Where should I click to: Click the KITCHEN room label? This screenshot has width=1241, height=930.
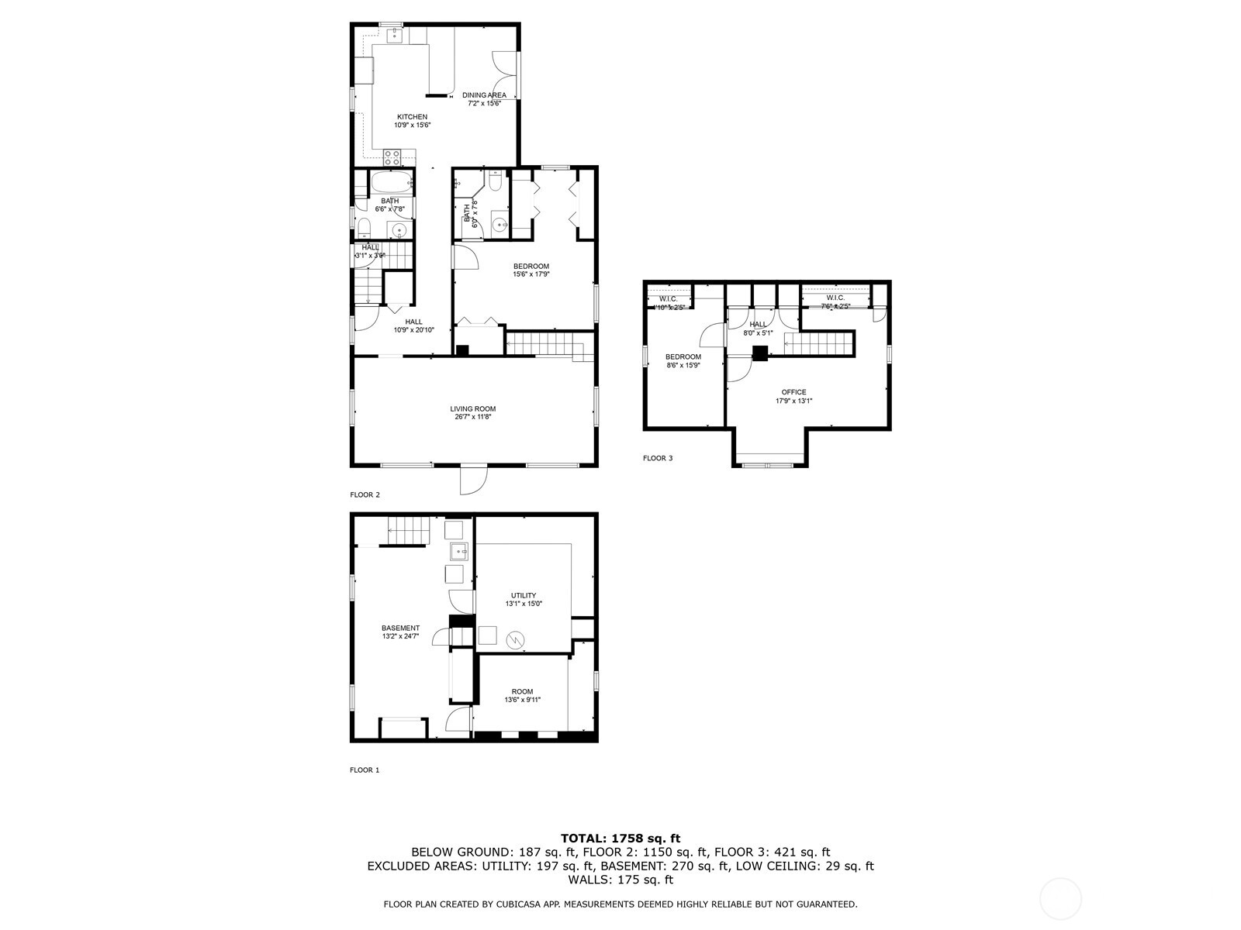pyautogui.click(x=412, y=117)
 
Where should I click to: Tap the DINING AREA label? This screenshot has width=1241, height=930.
pyautogui.click(x=484, y=95)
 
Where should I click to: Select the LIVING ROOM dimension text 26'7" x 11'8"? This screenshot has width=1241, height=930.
pyautogui.click(x=472, y=417)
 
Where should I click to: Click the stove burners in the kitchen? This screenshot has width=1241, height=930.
pyautogui.click(x=392, y=157)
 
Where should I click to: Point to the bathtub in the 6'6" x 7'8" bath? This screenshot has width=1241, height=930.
pyautogui.click(x=391, y=184)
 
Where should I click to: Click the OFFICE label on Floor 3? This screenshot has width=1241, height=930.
pyautogui.click(x=793, y=392)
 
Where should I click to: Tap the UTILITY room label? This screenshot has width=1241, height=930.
pyautogui.click(x=524, y=595)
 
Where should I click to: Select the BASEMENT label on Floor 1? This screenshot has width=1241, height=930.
pyautogui.click(x=400, y=628)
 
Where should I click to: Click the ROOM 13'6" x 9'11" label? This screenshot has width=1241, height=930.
pyautogui.click(x=522, y=691)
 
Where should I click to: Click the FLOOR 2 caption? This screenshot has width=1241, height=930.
pyautogui.click(x=365, y=494)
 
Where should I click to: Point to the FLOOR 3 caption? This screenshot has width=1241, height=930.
pyautogui.click(x=658, y=458)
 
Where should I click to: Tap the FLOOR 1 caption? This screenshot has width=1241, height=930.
pyautogui.click(x=365, y=770)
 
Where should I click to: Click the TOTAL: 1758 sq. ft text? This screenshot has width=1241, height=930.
pyautogui.click(x=620, y=838)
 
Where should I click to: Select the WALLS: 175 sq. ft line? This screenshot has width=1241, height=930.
pyautogui.click(x=620, y=880)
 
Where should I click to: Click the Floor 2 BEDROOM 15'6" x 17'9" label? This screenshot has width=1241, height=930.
pyautogui.click(x=531, y=267)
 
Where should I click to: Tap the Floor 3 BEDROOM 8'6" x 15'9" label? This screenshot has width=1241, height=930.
pyautogui.click(x=683, y=357)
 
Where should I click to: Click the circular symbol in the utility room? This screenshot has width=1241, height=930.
pyautogui.click(x=515, y=640)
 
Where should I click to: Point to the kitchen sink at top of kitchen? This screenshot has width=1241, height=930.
pyautogui.click(x=395, y=33)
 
